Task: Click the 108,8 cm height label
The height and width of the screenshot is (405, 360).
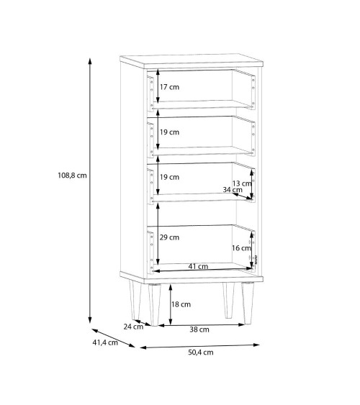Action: click(x=72, y=176)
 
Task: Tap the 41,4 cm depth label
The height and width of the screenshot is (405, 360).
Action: click(x=105, y=342)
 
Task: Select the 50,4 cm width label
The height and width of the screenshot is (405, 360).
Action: click(x=201, y=352)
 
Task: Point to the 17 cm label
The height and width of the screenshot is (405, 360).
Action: click(x=169, y=87)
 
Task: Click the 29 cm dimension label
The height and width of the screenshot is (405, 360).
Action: click(x=169, y=237)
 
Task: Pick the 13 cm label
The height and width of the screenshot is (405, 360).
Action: click(x=241, y=183)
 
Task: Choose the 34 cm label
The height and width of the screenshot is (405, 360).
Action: click(x=233, y=190)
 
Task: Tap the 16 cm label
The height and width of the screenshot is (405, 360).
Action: click(x=241, y=248)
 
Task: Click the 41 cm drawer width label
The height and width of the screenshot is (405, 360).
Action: click(x=198, y=266)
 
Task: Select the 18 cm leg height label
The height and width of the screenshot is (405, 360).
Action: click(x=181, y=304)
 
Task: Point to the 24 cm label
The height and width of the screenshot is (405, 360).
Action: click(x=133, y=327)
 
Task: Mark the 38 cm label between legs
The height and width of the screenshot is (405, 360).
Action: click(x=199, y=329)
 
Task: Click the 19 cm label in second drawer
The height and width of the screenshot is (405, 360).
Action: click(x=169, y=132)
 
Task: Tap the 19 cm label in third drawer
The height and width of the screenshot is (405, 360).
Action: click(x=169, y=177)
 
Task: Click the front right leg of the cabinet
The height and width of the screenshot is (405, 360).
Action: click(x=248, y=303)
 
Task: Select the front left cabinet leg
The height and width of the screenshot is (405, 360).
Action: click(x=154, y=305)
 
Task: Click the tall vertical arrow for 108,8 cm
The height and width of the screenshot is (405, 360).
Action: click(x=90, y=191)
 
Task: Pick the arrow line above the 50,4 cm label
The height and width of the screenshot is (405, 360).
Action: click(x=199, y=346)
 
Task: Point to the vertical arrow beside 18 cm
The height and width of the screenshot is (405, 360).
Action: click(x=171, y=304)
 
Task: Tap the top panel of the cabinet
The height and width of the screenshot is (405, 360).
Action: click(x=192, y=61)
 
